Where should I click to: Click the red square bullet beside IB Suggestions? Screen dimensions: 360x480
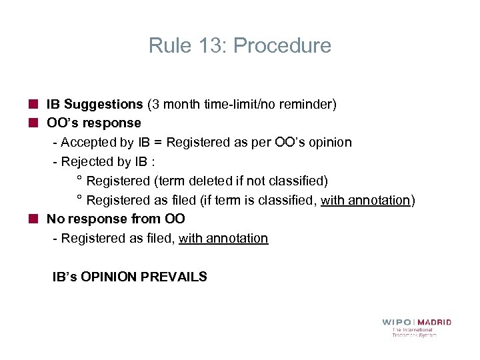33,104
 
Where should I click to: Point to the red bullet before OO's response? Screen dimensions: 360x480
33,123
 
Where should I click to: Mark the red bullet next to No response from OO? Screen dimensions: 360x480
33,219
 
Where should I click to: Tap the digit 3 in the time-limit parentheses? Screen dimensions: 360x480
155,104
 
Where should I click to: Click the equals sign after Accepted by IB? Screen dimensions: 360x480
157,143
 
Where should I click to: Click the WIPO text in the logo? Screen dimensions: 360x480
397,322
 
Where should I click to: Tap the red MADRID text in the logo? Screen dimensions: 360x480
435,322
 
